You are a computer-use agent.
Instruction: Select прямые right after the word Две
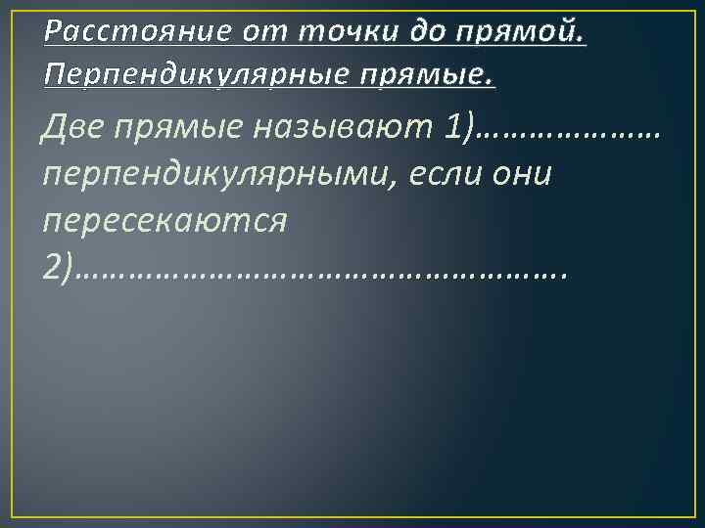[181, 128]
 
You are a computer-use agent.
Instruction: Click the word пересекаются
[164, 222]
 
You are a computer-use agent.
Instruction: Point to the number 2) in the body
[58, 268]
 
